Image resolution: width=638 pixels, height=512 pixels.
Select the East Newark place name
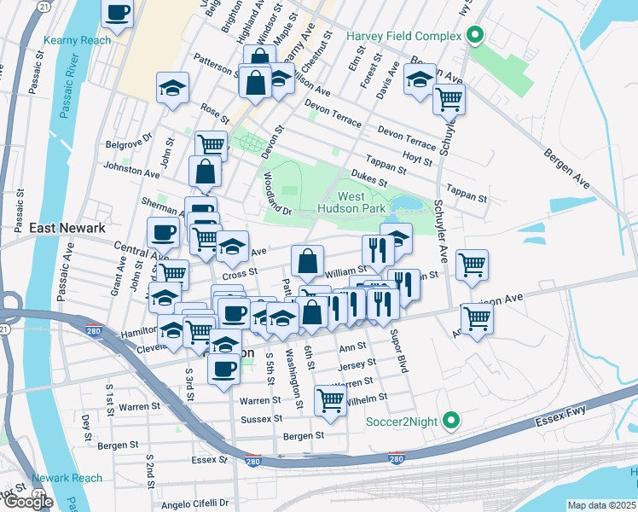(67, 228)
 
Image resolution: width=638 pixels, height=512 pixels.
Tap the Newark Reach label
(67, 478)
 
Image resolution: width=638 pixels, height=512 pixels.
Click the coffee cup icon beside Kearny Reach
(118, 13)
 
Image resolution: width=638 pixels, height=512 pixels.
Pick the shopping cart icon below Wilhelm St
(329, 399)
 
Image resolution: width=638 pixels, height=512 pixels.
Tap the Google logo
(28, 502)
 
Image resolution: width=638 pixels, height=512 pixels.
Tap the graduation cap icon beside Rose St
(173, 88)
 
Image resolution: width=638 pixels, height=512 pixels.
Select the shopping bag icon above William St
(307, 259)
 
